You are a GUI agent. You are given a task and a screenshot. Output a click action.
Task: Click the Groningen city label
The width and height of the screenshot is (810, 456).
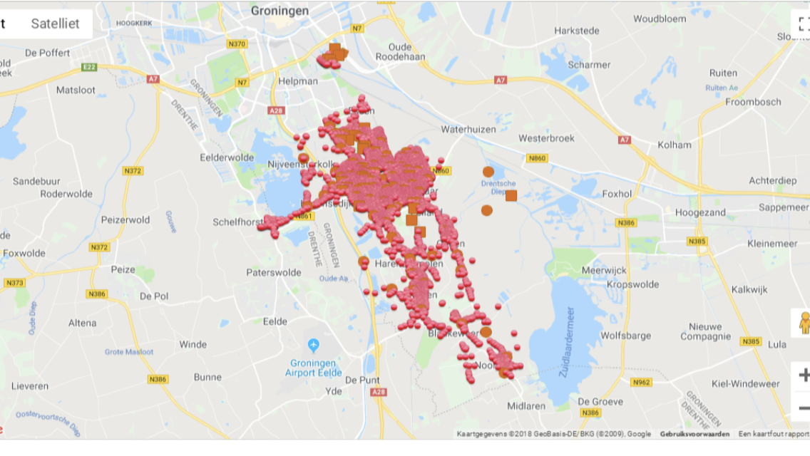pyautogui.click(x=280, y=11)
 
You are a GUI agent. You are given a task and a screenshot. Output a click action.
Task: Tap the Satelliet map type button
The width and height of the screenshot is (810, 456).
pyautogui.click(x=55, y=24)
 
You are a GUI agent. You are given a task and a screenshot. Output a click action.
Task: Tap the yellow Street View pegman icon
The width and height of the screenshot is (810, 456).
pyautogui.click(x=803, y=323)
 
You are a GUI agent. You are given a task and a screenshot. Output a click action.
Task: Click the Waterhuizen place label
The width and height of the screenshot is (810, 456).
pyautogui.click(x=467, y=129)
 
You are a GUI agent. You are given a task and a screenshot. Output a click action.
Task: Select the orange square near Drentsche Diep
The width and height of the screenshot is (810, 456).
pyautogui.click(x=511, y=195)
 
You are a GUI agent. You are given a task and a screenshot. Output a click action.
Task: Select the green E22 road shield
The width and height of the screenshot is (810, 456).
pyautogui.click(x=89, y=67)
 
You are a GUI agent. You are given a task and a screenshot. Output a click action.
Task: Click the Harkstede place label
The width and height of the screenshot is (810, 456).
pyautogui.click(x=577, y=31)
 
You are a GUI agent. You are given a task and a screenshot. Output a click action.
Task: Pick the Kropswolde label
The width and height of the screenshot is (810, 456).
pyautogui.click(x=632, y=284)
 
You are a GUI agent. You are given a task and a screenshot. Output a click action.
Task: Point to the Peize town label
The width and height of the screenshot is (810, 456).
pyautogui.click(x=123, y=269)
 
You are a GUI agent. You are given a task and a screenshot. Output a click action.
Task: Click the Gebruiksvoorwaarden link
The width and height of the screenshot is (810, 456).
pyautogui.click(x=694, y=434)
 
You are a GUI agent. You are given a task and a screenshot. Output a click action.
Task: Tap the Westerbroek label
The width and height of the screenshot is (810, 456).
pyautogui.click(x=546, y=138)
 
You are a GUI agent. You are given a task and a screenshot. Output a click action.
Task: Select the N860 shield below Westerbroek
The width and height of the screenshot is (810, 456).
pyautogui.click(x=537, y=158)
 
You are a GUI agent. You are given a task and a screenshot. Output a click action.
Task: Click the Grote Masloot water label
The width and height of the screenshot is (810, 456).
pyautogui.click(x=128, y=352)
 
